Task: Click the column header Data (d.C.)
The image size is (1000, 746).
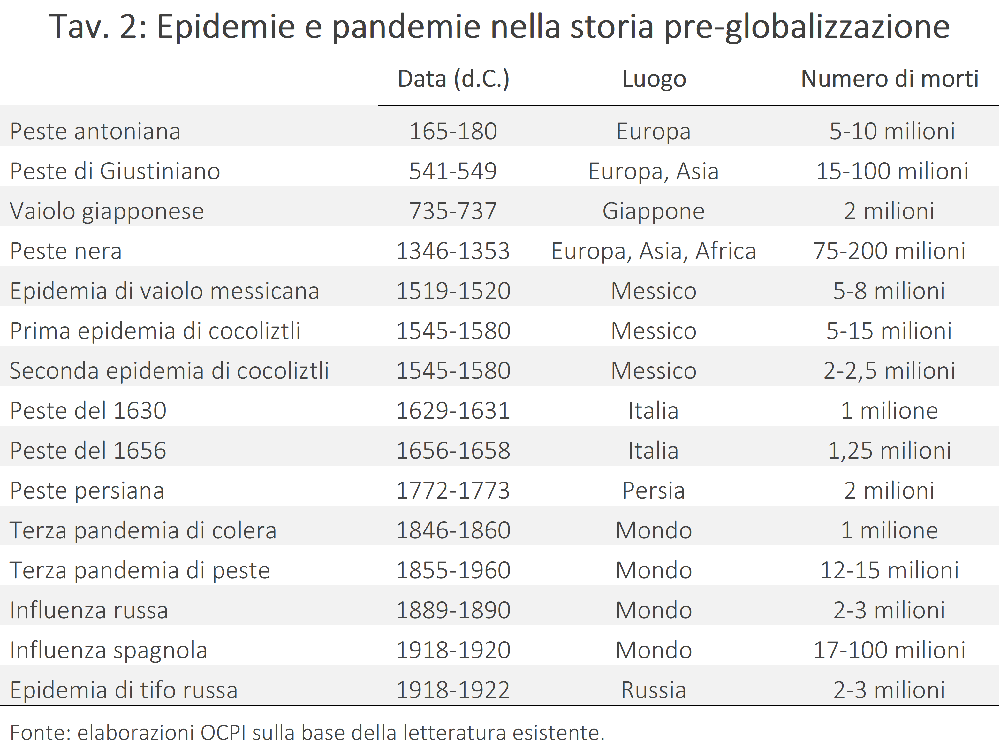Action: (x=453, y=79)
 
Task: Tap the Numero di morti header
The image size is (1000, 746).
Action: (x=890, y=79)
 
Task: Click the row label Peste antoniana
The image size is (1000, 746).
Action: (x=95, y=131)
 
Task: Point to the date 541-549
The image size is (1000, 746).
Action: (x=453, y=171)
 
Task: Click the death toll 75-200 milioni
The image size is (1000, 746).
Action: (x=890, y=251)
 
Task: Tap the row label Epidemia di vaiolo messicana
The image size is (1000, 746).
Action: (x=165, y=291)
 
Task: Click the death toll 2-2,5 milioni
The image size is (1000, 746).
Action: (x=890, y=371)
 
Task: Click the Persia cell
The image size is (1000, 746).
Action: (x=653, y=491)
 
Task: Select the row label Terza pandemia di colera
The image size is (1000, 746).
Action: (x=143, y=531)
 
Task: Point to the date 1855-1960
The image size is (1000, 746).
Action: (x=453, y=570)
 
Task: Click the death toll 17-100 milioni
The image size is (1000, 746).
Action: (x=890, y=650)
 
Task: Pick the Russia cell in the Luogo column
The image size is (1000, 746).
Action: (x=653, y=690)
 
